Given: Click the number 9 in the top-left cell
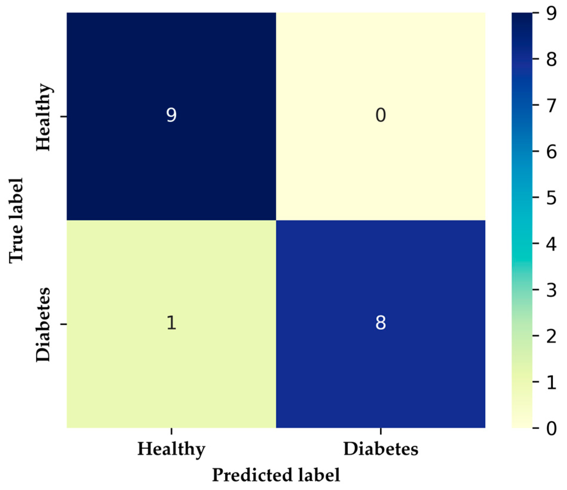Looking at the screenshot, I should point(171,115).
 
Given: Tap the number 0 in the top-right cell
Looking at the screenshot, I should point(380,115).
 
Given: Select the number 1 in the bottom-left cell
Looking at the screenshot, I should point(171,323).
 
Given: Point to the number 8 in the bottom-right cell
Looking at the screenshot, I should point(380,323).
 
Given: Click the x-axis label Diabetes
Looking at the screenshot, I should point(380,449).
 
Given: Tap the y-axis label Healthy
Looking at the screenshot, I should point(43,117).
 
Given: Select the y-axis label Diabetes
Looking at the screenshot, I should point(43,324).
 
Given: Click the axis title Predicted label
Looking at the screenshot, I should point(276,475).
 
